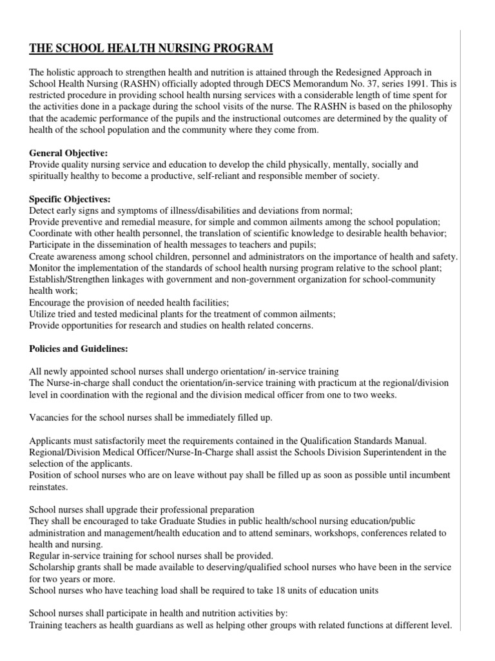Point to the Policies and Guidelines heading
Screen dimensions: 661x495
tap(79, 349)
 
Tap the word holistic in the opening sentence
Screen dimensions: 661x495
tap(66, 72)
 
